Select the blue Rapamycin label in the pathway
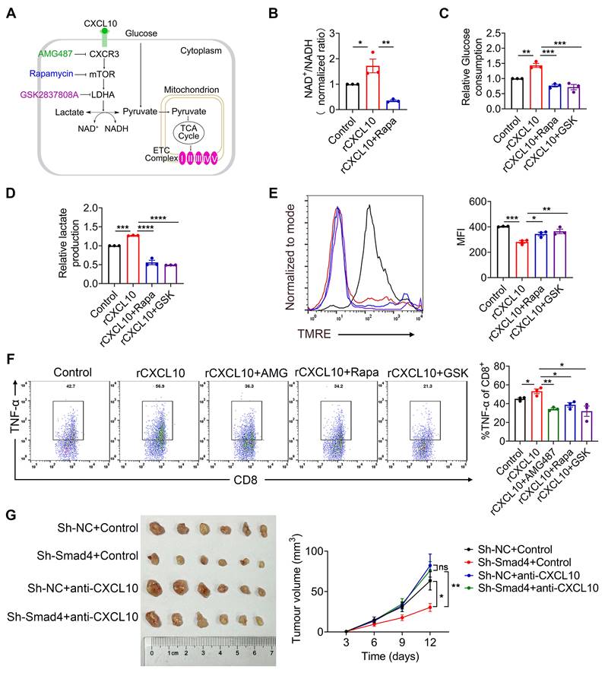pos(54,74)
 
